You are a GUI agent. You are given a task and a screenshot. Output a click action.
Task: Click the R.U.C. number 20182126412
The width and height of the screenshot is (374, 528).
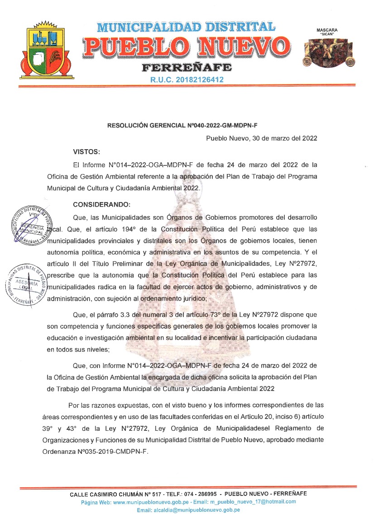click(187, 80)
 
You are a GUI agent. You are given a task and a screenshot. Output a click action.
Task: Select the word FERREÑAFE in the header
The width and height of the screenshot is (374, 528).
click(187, 68)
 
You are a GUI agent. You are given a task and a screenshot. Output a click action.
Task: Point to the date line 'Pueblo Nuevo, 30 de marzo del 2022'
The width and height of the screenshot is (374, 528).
click(261, 138)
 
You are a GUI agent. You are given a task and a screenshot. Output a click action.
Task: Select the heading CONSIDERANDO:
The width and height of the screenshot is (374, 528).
click(101, 204)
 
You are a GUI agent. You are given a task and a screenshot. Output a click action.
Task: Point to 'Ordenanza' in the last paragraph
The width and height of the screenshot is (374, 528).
click(63, 451)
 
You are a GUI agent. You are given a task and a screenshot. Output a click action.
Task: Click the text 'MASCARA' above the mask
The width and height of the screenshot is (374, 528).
click(329, 30)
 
